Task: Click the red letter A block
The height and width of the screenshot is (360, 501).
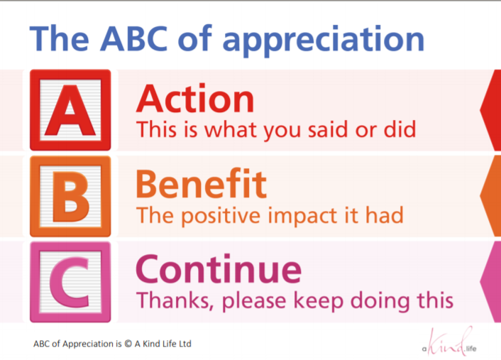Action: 70,109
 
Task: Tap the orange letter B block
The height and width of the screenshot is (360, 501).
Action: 70,196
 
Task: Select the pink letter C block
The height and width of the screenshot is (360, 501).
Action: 70,282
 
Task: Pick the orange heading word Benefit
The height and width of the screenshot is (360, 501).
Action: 202,184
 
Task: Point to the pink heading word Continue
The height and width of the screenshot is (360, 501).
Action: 219,270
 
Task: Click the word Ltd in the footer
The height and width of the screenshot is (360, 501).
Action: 184,344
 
